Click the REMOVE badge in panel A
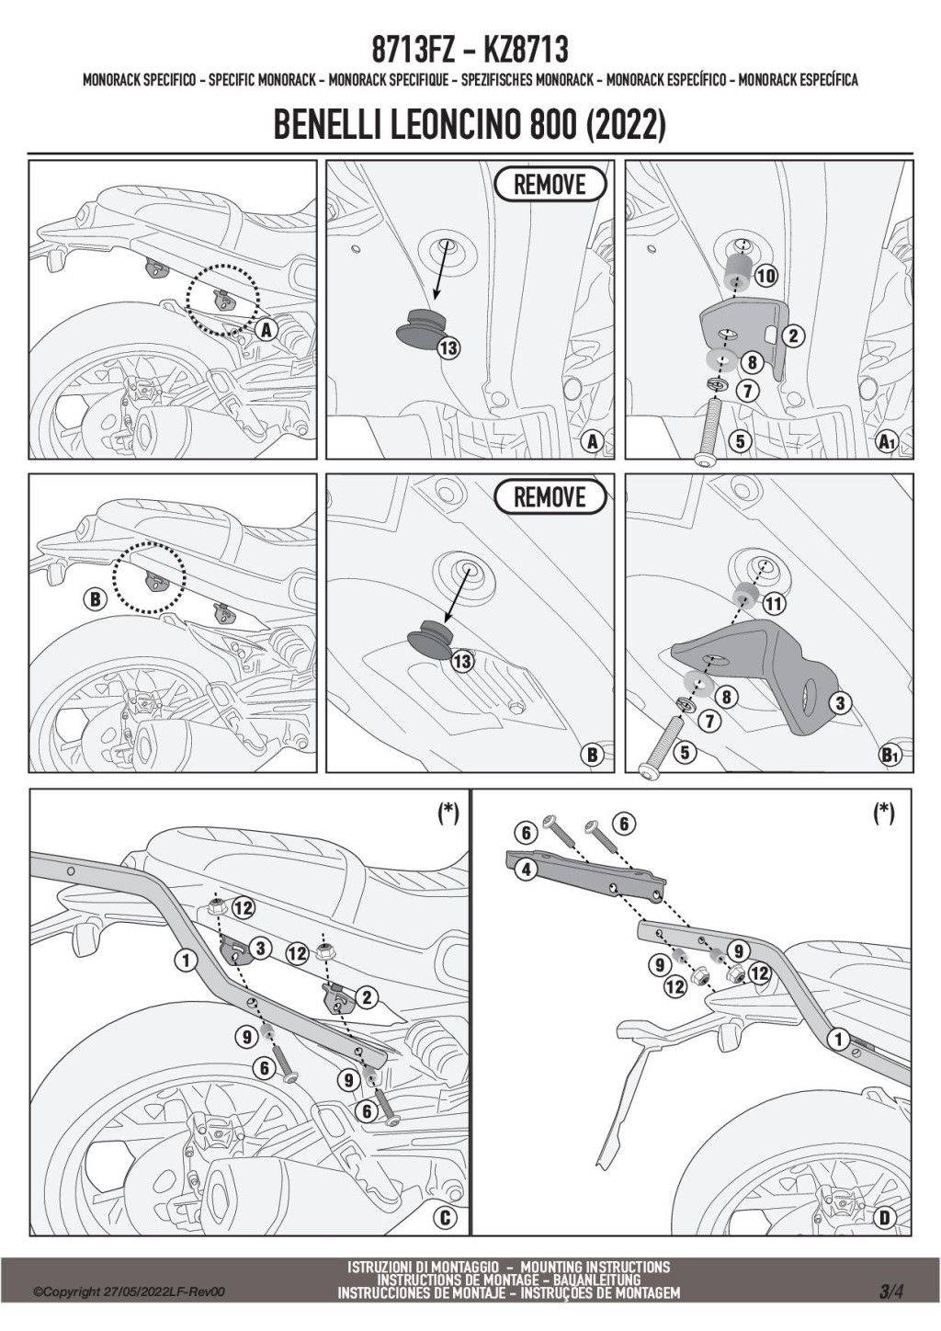coord(550,184)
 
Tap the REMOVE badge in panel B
coord(550,496)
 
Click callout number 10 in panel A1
coord(766,275)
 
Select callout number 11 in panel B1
coord(774,604)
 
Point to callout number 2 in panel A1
coord(792,336)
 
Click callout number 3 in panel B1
coord(839,703)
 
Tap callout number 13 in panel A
coord(449,347)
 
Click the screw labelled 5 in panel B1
coord(662,745)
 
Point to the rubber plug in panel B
coord(429,640)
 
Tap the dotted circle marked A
coord(222,299)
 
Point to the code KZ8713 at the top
coord(527,50)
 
